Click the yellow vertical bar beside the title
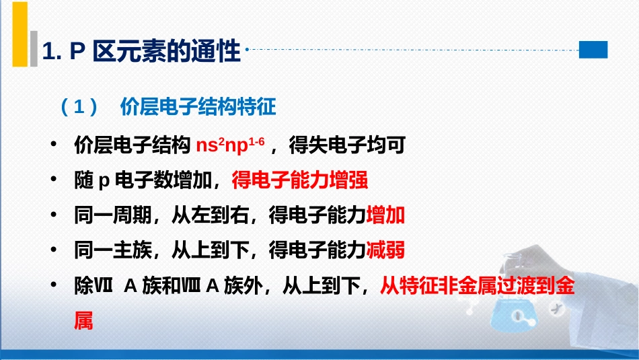(x=20, y=34)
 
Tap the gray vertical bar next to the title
(x=34, y=48)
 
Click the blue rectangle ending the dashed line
(x=593, y=50)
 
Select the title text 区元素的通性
(x=167, y=51)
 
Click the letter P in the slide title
(x=77, y=51)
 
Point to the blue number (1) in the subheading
(x=79, y=107)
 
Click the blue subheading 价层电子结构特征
(x=198, y=107)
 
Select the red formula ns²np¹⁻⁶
(x=230, y=145)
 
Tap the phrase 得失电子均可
(x=347, y=145)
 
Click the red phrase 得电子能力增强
(x=300, y=180)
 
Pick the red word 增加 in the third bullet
(x=385, y=215)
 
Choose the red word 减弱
(x=385, y=250)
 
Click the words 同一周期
(x=113, y=215)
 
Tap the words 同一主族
(x=113, y=250)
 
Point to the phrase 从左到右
(x=211, y=215)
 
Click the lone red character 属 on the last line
(x=83, y=320)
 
